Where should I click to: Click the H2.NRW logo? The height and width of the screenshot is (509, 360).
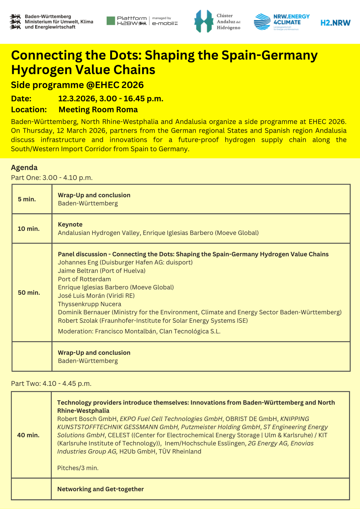(x=335, y=23)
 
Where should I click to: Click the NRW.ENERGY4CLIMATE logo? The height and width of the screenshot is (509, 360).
(x=282, y=22)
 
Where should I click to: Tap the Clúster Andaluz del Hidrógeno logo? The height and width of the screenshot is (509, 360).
(x=217, y=21)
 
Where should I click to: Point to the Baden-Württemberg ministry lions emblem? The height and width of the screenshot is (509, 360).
(x=15, y=22)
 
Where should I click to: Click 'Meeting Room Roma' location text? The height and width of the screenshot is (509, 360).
(x=98, y=110)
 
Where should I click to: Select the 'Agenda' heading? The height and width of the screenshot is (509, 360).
(x=24, y=168)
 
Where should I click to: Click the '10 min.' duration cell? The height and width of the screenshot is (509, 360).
(x=29, y=229)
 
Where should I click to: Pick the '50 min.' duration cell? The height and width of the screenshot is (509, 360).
(x=29, y=293)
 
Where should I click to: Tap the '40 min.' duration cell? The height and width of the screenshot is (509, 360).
(x=28, y=435)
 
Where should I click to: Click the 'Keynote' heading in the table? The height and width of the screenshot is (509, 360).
(x=70, y=225)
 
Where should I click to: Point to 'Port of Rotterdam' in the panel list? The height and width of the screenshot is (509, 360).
(x=84, y=279)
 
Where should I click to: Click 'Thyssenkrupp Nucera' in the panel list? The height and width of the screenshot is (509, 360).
(x=89, y=304)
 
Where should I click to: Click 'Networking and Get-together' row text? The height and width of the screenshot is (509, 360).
(x=100, y=489)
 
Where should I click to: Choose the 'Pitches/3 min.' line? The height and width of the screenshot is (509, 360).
(x=78, y=468)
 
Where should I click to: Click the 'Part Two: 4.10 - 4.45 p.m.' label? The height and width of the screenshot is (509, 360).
(x=51, y=384)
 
